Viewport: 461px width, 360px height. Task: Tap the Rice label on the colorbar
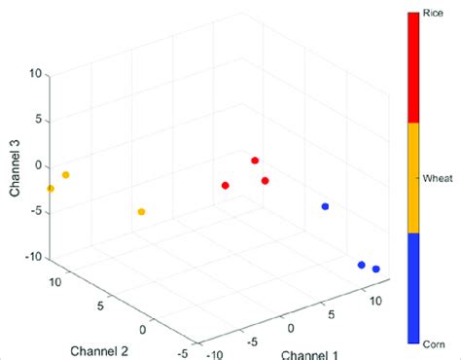click(x=433, y=14)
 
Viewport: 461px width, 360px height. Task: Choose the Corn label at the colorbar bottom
click(x=434, y=344)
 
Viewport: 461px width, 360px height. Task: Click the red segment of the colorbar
click(x=413, y=67)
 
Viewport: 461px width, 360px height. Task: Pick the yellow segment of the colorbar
click(x=413, y=178)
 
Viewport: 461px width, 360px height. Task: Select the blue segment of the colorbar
click(x=413, y=288)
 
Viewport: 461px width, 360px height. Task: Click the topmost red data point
click(x=255, y=161)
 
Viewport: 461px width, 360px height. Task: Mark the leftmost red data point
click(x=226, y=185)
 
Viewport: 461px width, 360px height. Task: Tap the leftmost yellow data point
click(x=51, y=189)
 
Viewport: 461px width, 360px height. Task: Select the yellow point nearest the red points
click(x=142, y=211)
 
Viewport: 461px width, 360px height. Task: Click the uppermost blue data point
click(x=325, y=206)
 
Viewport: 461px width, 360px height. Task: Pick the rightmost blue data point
click(x=376, y=270)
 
